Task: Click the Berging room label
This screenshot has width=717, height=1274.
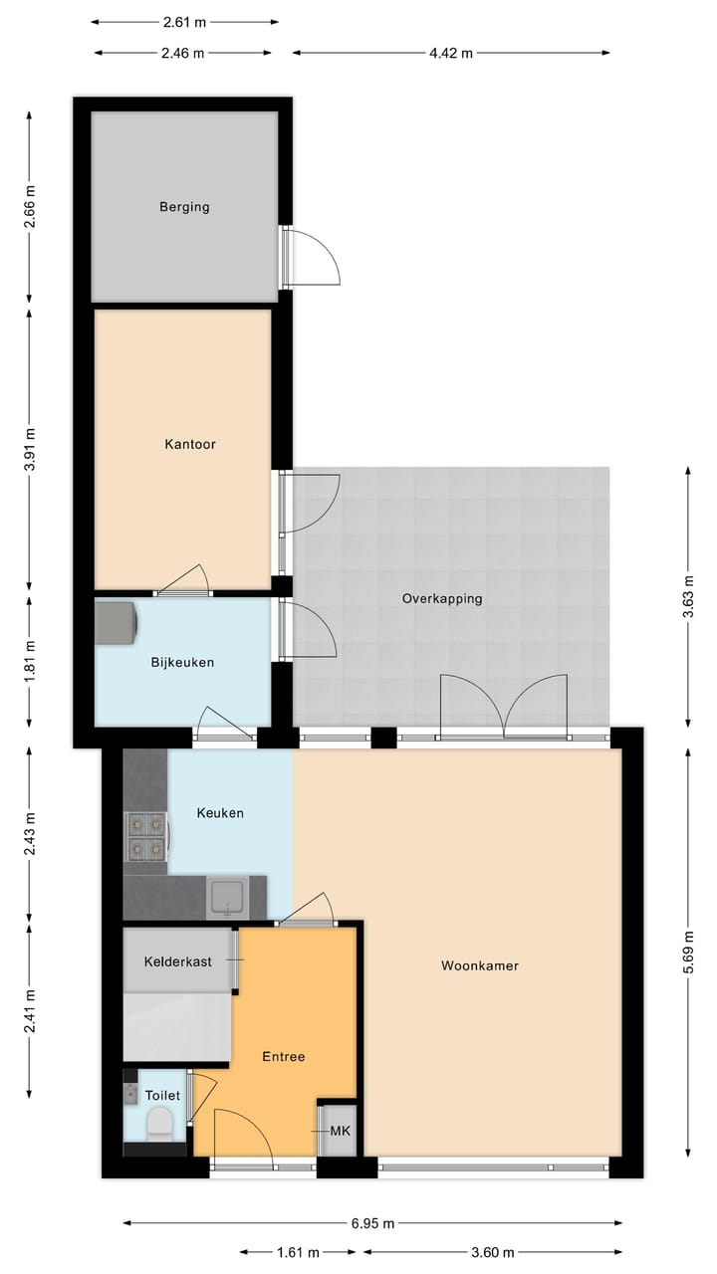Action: [x=184, y=207]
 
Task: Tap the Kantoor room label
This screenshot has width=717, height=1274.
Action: [x=190, y=444]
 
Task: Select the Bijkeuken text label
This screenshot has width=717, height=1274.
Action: [x=182, y=662]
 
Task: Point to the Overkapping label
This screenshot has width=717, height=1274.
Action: [x=442, y=598]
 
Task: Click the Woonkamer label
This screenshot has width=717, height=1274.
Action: [x=481, y=965]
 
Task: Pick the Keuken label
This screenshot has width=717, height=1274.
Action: [x=220, y=813]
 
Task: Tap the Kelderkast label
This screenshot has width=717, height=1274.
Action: [x=177, y=961]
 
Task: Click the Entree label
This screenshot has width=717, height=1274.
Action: [x=283, y=1056]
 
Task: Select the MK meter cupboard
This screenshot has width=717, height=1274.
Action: [x=340, y=1131]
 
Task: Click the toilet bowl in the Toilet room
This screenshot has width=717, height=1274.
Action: [x=159, y=1126]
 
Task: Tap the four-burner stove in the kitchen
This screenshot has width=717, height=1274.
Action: [x=145, y=836]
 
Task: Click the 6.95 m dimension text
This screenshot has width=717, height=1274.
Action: [x=372, y=1223]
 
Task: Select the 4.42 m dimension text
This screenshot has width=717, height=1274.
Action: [x=451, y=54]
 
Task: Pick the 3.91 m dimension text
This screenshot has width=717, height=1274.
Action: [x=30, y=444]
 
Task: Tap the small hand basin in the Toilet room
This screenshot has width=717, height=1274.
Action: [x=130, y=1094]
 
